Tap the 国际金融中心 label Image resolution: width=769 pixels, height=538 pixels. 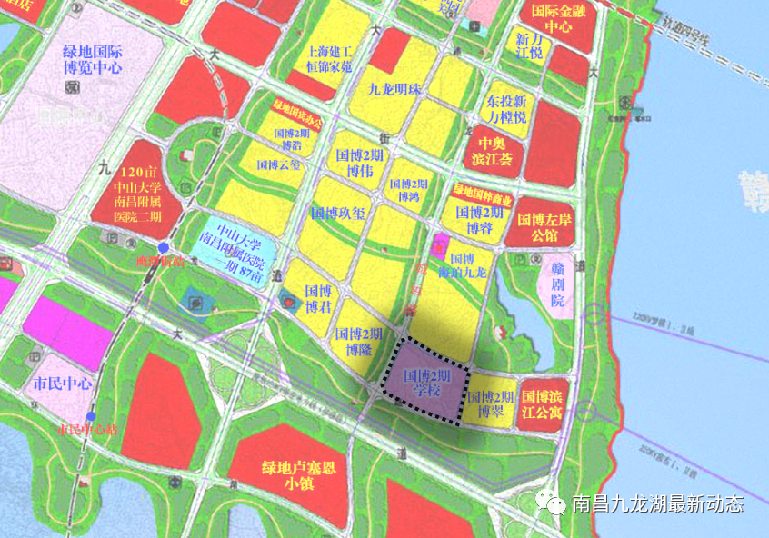pyautogui.click(x=564, y=16)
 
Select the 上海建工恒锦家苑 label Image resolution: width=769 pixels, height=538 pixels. pyautogui.click(x=335, y=60)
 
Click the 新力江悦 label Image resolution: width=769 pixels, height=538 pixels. pyautogui.click(x=529, y=46)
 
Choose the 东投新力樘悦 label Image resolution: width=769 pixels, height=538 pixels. pyautogui.click(x=506, y=109)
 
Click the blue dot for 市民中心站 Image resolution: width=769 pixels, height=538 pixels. pyautogui.click(x=90, y=416)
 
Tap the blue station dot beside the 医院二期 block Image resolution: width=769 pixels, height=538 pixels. pyautogui.click(x=163, y=247)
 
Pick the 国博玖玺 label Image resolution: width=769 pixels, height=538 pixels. pyautogui.click(x=338, y=214)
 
